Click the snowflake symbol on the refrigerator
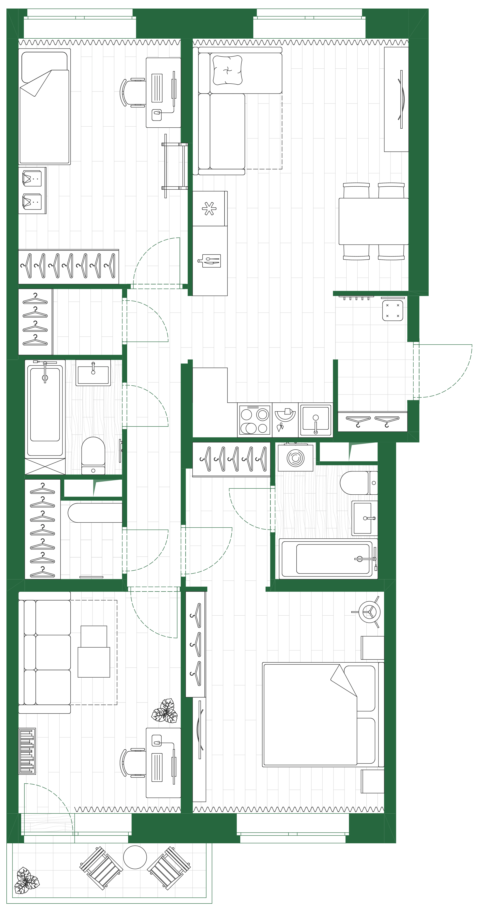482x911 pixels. [209, 208]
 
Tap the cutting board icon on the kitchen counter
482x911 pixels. [209, 261]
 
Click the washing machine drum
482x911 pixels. [295, 458]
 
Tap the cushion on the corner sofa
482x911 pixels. [227, 70]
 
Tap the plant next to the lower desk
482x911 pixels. [165, 711]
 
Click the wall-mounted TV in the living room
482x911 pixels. [401, 99]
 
